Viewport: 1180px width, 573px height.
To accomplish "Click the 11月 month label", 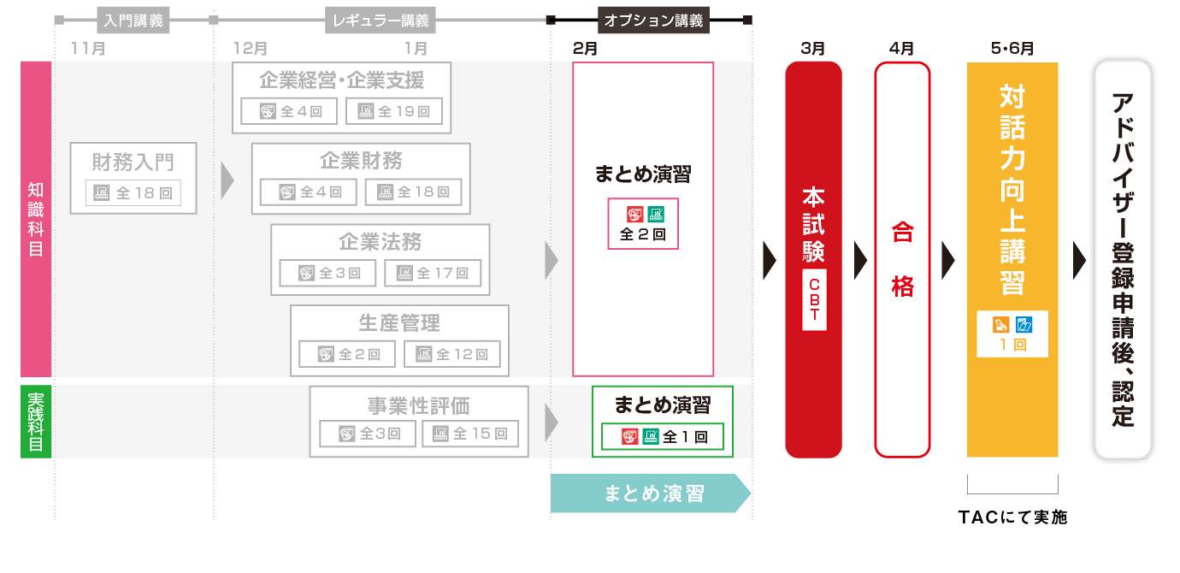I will click(x=89, y=48).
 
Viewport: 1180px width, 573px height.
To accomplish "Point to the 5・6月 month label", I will click(x=1012, y=48).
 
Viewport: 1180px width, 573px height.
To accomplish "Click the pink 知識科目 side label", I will click(x=36, y=219).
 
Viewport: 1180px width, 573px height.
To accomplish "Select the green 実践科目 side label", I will click(x=36, y=422).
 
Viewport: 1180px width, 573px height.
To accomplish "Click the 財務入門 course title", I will click(x=133, y=161).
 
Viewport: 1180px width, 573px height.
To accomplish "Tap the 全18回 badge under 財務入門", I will click(x=133, y=193).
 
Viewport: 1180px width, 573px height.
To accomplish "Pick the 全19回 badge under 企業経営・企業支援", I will click(x=394, y=111).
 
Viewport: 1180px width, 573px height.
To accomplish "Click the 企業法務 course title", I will click(x=381, y=242).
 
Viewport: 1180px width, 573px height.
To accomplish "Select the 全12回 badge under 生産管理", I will click(x=452, y=354).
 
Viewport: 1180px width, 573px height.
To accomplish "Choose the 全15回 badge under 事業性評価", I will click(x=470, y=434).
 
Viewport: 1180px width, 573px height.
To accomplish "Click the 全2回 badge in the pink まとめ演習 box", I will click(x=643, y=223).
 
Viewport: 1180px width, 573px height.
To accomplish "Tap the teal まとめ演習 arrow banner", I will click(x=650, y=493).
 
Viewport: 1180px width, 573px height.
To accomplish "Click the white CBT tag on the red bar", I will click(x=814, y=299).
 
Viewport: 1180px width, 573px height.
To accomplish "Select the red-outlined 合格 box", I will click(x=902, y=259).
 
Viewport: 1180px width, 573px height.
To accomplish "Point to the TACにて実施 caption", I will click(x=1012, y=517).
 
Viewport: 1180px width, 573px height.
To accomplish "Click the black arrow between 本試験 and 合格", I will click(x=859, y=257).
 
